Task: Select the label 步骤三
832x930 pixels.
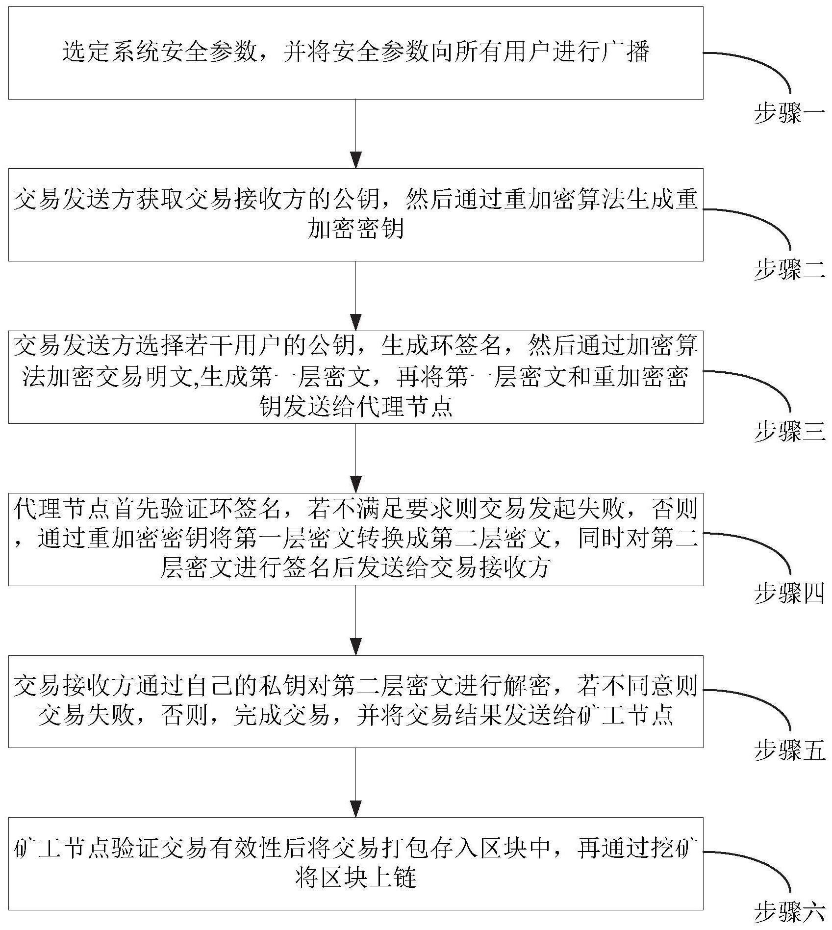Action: (789, 432)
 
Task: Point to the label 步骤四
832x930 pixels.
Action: (789, 594)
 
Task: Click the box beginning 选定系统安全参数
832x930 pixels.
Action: (355, 53)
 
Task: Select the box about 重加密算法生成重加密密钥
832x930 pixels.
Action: (355, 214)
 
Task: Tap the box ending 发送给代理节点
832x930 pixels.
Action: (355, 377)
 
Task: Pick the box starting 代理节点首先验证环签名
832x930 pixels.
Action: (355, 539)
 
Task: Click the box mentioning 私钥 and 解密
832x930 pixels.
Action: (355, 701)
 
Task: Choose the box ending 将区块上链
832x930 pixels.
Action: (355, 863)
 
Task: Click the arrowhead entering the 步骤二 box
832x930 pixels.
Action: (356, 161)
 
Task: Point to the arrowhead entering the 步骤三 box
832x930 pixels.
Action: (356, 323)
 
